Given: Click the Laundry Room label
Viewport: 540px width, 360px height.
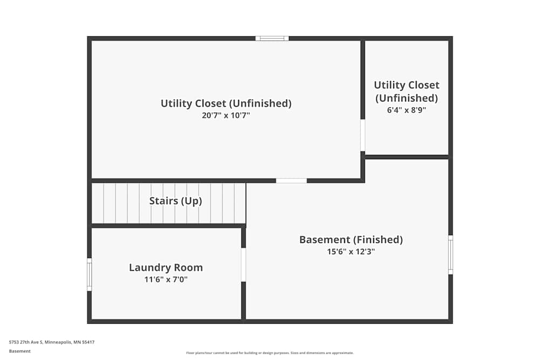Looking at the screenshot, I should (166, 267).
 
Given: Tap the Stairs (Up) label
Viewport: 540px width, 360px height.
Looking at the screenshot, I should (175, 201).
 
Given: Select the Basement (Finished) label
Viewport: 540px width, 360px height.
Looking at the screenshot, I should (351, 240).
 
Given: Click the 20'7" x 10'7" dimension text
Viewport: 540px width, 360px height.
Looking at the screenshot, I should (226, 115).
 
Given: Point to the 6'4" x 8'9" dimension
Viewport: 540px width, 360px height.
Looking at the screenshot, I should (406, 110).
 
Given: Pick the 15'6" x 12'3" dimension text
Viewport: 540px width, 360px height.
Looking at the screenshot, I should (351, 252).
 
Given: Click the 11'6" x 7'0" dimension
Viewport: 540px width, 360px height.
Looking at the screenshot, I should (166, 279).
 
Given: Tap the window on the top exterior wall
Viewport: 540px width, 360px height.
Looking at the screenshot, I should (272, 38).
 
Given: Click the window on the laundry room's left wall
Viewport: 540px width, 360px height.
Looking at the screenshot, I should (90, 274).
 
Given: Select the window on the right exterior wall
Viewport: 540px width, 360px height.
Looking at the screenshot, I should (450, 255).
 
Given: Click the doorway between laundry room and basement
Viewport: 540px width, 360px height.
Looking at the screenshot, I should (244, 264).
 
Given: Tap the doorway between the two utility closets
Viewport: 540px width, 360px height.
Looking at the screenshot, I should (363, 135).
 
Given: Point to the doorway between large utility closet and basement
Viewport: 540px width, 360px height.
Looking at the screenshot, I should (292, 181).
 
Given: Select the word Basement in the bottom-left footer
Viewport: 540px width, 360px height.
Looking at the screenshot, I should (20, 351).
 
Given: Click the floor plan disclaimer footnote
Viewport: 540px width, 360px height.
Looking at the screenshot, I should (270, 353).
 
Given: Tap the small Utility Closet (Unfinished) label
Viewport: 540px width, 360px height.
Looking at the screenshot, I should (406, 91).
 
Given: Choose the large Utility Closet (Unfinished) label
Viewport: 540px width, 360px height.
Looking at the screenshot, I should (226, 103).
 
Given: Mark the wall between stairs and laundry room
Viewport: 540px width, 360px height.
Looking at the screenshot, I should (167, 226).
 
